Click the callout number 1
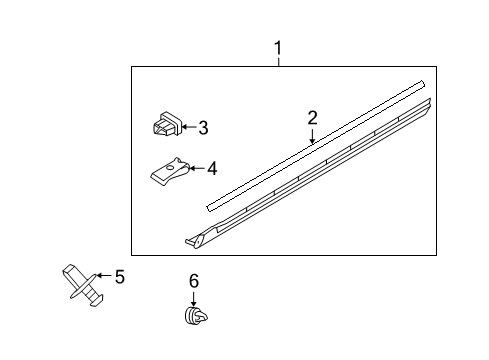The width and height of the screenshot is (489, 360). [278, 49]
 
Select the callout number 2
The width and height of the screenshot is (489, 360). [312, 118]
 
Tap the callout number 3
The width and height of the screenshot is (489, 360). [203, 128]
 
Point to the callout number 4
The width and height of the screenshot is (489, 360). [212, 168]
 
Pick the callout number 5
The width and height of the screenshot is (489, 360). [120, 276]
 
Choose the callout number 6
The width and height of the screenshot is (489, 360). [194, 281]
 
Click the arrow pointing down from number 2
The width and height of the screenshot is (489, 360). [312, 136]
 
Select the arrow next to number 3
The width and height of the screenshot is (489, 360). [189, 127]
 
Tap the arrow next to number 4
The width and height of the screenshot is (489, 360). [197, 168]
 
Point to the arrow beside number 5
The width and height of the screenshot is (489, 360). [104, 275]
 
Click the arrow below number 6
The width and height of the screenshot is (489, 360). [193, 299]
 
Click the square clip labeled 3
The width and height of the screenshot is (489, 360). [166, 125]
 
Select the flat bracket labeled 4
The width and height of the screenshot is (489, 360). [170, 172]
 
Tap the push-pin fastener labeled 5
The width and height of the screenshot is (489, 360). [83, 286]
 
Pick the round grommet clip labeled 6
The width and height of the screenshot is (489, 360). [196, 315]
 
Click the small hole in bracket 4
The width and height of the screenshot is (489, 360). [170, 168]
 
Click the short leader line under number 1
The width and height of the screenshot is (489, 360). [278, 62]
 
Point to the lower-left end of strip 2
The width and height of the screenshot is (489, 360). [208, 208]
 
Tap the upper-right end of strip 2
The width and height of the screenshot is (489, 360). [422, 83]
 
